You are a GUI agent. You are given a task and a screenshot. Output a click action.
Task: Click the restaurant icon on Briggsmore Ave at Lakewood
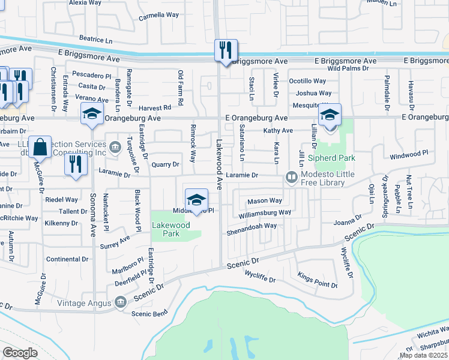coord(226,50)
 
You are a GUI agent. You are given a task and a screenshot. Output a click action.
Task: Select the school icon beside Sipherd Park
coord(330,115)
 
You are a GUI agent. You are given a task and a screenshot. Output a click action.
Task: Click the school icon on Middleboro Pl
coord(196,200)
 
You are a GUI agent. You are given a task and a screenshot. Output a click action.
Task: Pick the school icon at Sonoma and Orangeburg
coord(92,114)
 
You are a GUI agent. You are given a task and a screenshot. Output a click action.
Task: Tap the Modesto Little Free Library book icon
coord(291,177)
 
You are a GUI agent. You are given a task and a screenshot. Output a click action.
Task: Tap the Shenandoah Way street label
coord(252,226)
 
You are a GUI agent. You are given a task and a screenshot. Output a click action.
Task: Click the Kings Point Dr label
coord(318,280)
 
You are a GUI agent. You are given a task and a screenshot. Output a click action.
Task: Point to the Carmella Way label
coord(159,17)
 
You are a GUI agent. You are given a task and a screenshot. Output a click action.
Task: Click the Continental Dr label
coord(68,259)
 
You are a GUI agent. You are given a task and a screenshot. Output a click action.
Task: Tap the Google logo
coord(20,353)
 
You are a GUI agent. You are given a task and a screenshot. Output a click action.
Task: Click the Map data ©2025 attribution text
coord(424,355)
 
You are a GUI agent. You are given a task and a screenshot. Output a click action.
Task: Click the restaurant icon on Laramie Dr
coord(74,164)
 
